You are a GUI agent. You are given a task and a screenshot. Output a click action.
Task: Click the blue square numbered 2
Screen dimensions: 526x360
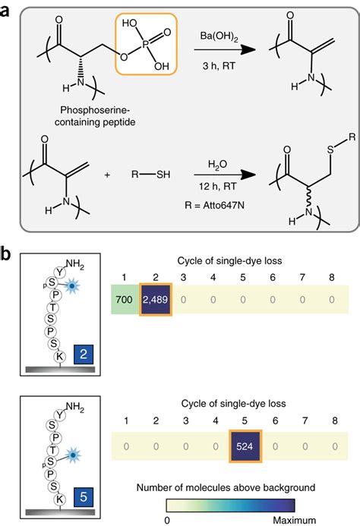84,354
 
